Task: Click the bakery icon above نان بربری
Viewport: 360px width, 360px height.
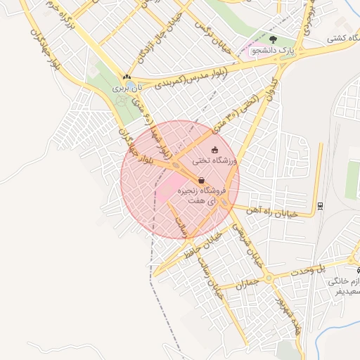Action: (x=127, y=77)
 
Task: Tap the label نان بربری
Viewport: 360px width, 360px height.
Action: (x=129, y=89)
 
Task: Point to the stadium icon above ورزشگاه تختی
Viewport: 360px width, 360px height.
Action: (x=214, y=150)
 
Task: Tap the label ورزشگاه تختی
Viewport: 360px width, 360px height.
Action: (x=215, y=161)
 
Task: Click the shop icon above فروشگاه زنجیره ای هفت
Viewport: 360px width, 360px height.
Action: (x=201, y=180)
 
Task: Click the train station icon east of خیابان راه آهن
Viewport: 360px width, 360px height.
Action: (x=321, y=205)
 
